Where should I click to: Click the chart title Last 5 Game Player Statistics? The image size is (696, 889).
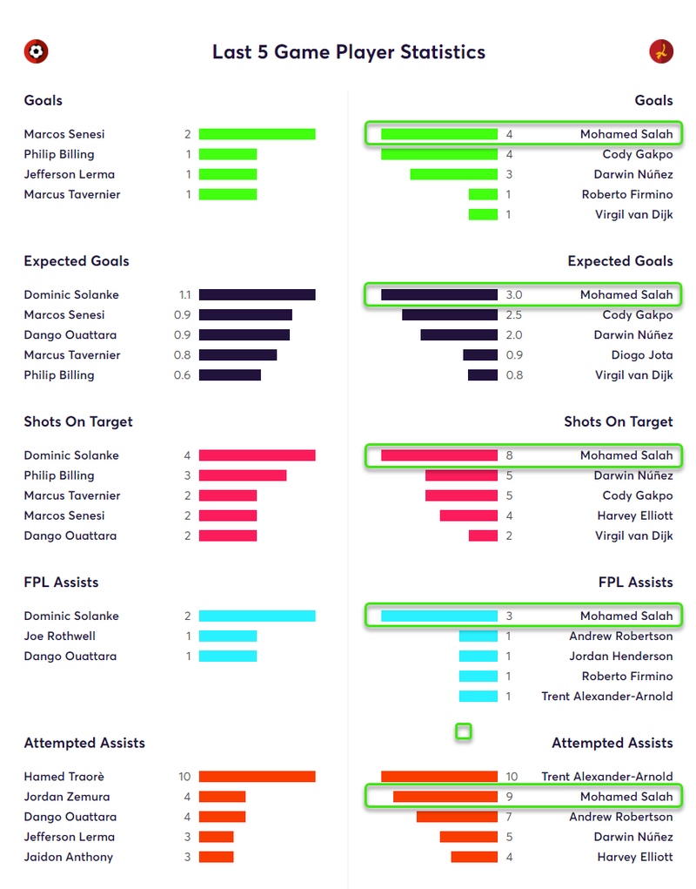(348, 52)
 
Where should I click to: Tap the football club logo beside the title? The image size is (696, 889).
(36, 51)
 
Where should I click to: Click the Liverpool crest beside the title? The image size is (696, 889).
(661, 51)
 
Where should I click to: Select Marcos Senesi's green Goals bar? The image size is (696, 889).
(257, 134)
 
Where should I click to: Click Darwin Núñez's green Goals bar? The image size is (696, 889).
(453, 174)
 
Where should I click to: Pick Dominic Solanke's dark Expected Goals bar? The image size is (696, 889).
(257, 295)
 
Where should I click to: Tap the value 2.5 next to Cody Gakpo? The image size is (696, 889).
(514, 315)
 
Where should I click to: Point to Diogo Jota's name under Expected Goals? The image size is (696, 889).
(642, 355)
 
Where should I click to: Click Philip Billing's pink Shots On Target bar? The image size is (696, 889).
(243, 475)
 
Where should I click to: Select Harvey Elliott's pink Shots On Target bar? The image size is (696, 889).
(468, 515)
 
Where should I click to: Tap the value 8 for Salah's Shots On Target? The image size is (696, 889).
(509, 455)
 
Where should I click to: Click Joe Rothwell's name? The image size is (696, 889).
(60, 636)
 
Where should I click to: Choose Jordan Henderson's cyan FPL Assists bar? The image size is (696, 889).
(478, 657)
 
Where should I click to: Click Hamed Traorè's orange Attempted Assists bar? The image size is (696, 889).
(257, 777)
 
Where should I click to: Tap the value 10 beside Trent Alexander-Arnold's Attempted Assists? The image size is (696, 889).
(512, 777)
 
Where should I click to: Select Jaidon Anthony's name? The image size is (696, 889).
(69, 857)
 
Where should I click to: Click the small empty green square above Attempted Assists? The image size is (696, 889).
(464, 731)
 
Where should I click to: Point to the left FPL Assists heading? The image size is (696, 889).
(61, 583)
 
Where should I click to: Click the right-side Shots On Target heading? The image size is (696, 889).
(618, 421)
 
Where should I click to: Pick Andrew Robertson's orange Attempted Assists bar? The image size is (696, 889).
(457, 817)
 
